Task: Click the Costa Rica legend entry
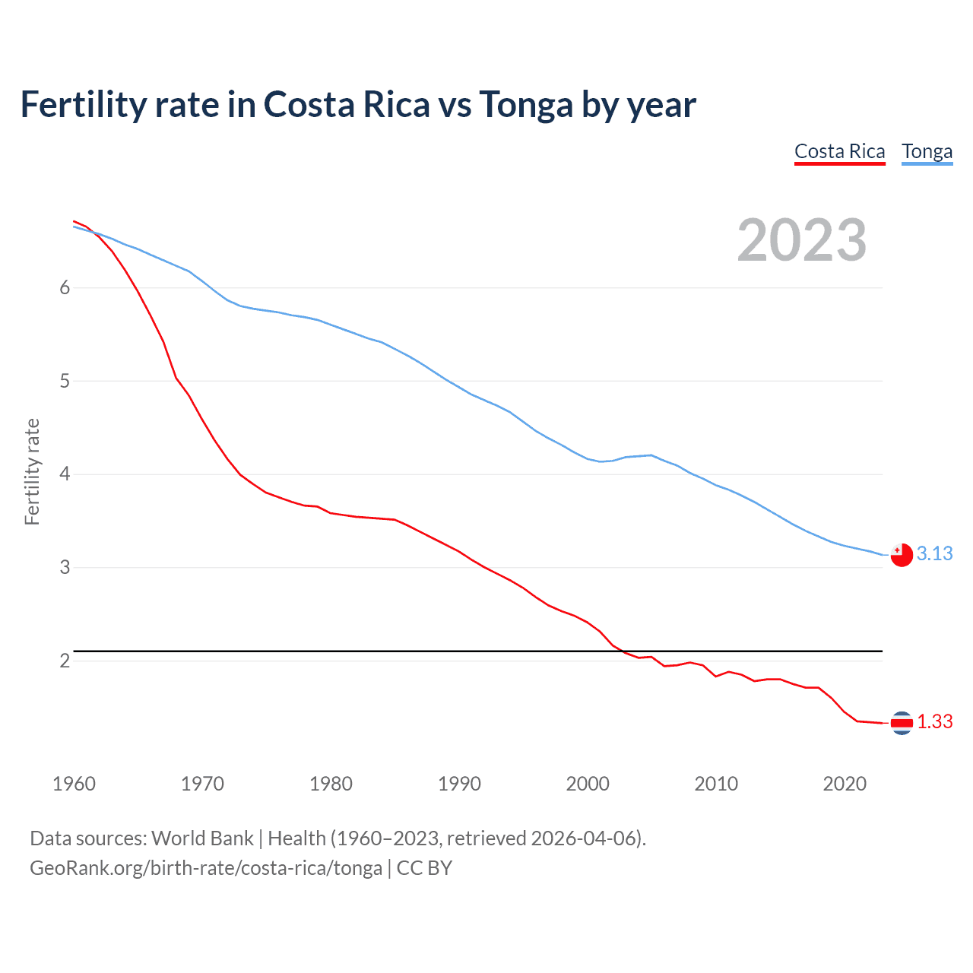pos(839,152)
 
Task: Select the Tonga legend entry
pos(927,152)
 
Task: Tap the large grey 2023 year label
pos(802,240)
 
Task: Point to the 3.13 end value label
pos(934,554)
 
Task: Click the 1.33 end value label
pos(934,722)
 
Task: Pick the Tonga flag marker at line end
pos(901,556)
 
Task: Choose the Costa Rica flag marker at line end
pos(901,723)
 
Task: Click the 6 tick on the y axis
pos(65,288)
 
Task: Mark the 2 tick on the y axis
pos(65,661)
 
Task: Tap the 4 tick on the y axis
pos(65,474)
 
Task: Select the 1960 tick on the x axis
pos(74,784)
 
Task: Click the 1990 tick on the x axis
pos(459,784)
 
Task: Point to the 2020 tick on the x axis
pos(845,784)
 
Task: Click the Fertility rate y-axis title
pos(32,471)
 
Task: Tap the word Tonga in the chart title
pos(525,105)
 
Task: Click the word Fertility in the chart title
pos(82,105)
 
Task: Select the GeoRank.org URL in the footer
pos(205,868)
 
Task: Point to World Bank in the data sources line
pos(202,838)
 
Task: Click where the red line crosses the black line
pos(621,651)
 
